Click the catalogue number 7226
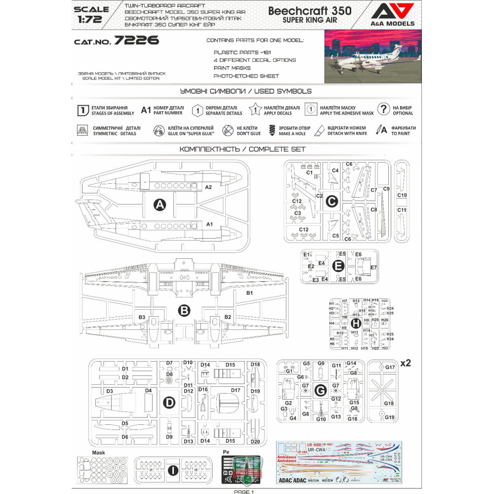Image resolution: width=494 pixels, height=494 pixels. tap(136, 41)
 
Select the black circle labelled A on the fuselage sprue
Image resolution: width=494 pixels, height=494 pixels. tap(160, 205)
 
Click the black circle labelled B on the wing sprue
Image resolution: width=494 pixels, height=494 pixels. tap(184, 311)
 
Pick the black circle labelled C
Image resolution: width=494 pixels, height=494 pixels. tap(332, 201)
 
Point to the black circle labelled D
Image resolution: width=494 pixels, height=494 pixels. tap(169, 403)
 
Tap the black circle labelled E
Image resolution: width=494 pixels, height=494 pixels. tap(338, 266)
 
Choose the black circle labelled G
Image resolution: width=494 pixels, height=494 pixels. tap(321, 391)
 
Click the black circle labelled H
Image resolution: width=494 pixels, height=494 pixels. tap(356, 322)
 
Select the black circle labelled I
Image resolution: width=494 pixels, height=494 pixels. tap(172, 471)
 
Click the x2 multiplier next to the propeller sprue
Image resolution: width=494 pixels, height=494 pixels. tap(405, 363)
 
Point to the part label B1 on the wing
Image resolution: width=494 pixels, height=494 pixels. tap(249, 293)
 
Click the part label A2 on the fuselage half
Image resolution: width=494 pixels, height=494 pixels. tap(208, 187)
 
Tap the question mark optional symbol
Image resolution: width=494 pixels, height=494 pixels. tap(383, 109)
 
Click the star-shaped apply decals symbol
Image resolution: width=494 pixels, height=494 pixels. tap(256, 110)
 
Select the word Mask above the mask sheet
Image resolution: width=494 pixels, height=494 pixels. tap(99, 452)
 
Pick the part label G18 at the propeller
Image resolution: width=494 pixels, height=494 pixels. tap(389, 404)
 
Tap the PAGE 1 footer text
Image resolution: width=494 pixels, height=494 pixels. tap(244, 492)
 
